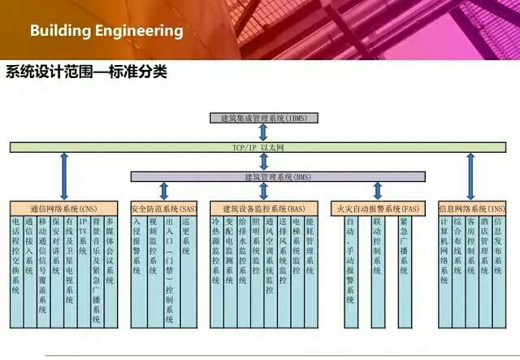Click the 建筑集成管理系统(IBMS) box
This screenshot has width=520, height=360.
click(263, 118)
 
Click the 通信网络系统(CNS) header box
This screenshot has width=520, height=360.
click(64, 209)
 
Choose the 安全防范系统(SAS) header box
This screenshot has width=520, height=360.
click(163, 209)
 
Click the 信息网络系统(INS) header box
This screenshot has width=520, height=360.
click(472, 209)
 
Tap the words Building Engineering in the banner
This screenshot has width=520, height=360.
click(106, 31)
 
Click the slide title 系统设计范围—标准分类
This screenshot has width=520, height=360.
click(86, 72)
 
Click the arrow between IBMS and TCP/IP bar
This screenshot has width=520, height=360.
click(263, 132)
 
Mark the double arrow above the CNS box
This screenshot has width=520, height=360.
click(64, 174)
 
